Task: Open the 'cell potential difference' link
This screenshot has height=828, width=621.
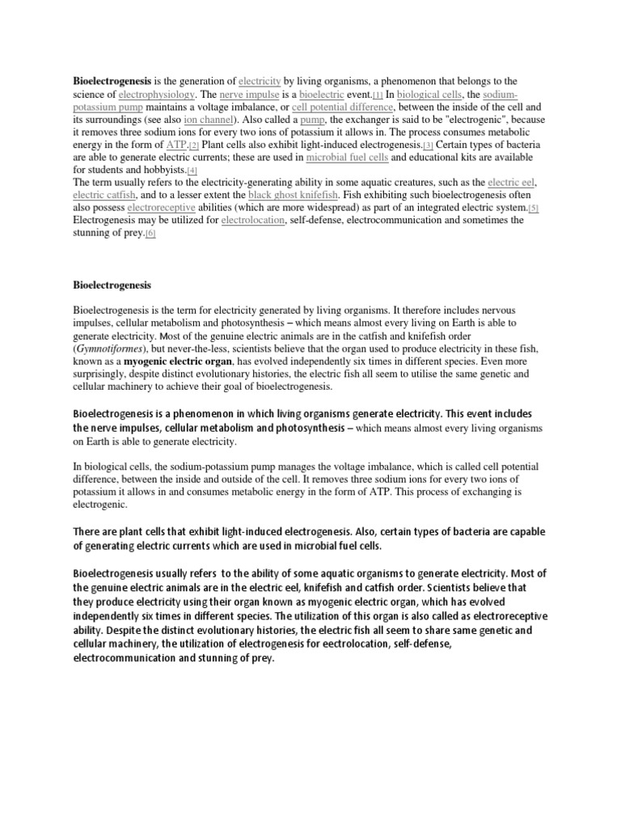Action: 343,107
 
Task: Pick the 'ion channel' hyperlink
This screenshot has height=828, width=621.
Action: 201,120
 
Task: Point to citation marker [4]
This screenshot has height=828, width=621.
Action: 192,171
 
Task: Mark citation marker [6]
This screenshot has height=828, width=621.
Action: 150,234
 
